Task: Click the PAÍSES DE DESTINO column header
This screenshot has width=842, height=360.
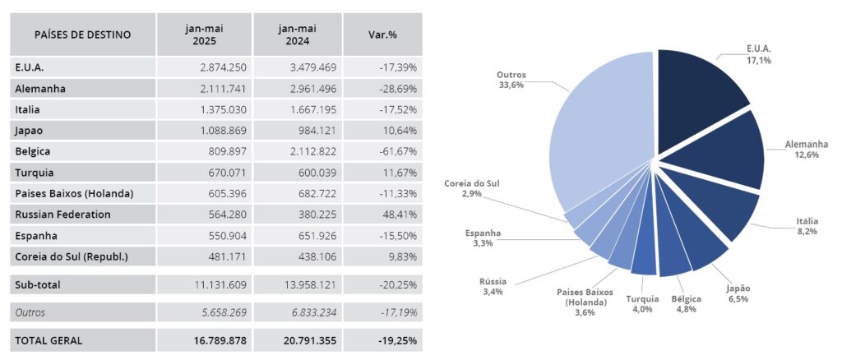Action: [82, 35]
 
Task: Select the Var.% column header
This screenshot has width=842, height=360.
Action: [382, 35]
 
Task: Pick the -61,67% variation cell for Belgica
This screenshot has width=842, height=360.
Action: [395, 152]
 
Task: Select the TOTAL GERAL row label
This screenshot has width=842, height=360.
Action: [49, 339]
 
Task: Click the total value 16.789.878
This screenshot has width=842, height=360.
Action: [212, 339]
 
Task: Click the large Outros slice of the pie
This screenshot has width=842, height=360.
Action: [600, 140]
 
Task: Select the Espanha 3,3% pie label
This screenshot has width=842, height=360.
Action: [484, 238]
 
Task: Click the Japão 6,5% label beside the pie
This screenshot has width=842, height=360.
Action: [734, 293]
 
